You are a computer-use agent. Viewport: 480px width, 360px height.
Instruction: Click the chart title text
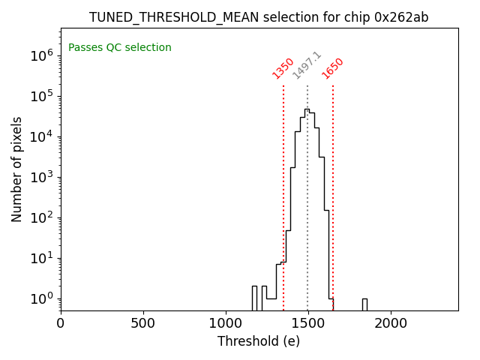coord(259,17)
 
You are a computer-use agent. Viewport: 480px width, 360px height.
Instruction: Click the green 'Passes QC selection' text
coord(120,48)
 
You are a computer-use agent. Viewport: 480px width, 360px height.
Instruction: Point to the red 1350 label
coord(283,68)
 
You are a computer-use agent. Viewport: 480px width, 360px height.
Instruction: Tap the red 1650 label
coord(332,68)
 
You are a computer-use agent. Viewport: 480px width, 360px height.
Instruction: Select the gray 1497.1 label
coord(307,65)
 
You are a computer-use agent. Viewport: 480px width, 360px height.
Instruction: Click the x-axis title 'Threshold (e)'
coord(259,341)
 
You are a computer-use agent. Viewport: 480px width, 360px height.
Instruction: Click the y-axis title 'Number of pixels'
coord(17,169)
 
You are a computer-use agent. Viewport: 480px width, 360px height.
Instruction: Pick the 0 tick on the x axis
coord(61,323)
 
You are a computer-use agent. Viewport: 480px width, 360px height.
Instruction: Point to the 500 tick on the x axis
coord(143,323)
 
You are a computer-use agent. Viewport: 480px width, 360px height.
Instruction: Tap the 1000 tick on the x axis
coord(226,323)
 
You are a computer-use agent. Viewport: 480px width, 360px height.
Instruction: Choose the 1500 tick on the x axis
coord(308,323)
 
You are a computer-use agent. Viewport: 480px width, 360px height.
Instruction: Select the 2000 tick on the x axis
coord(391,323)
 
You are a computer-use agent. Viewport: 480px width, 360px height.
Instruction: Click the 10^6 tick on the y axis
coord(40,55)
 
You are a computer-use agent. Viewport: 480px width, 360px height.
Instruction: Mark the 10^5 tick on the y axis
coord(40,96)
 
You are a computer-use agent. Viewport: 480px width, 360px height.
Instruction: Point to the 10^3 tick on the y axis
coord(40,177)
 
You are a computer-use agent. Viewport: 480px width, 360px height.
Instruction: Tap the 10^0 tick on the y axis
coord(40,299)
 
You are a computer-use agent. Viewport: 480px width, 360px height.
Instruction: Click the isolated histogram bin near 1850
coord(364,304)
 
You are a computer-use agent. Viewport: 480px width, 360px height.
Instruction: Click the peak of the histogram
coord(307,109)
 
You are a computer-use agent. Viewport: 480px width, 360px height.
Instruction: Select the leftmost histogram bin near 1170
coord(254,298)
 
